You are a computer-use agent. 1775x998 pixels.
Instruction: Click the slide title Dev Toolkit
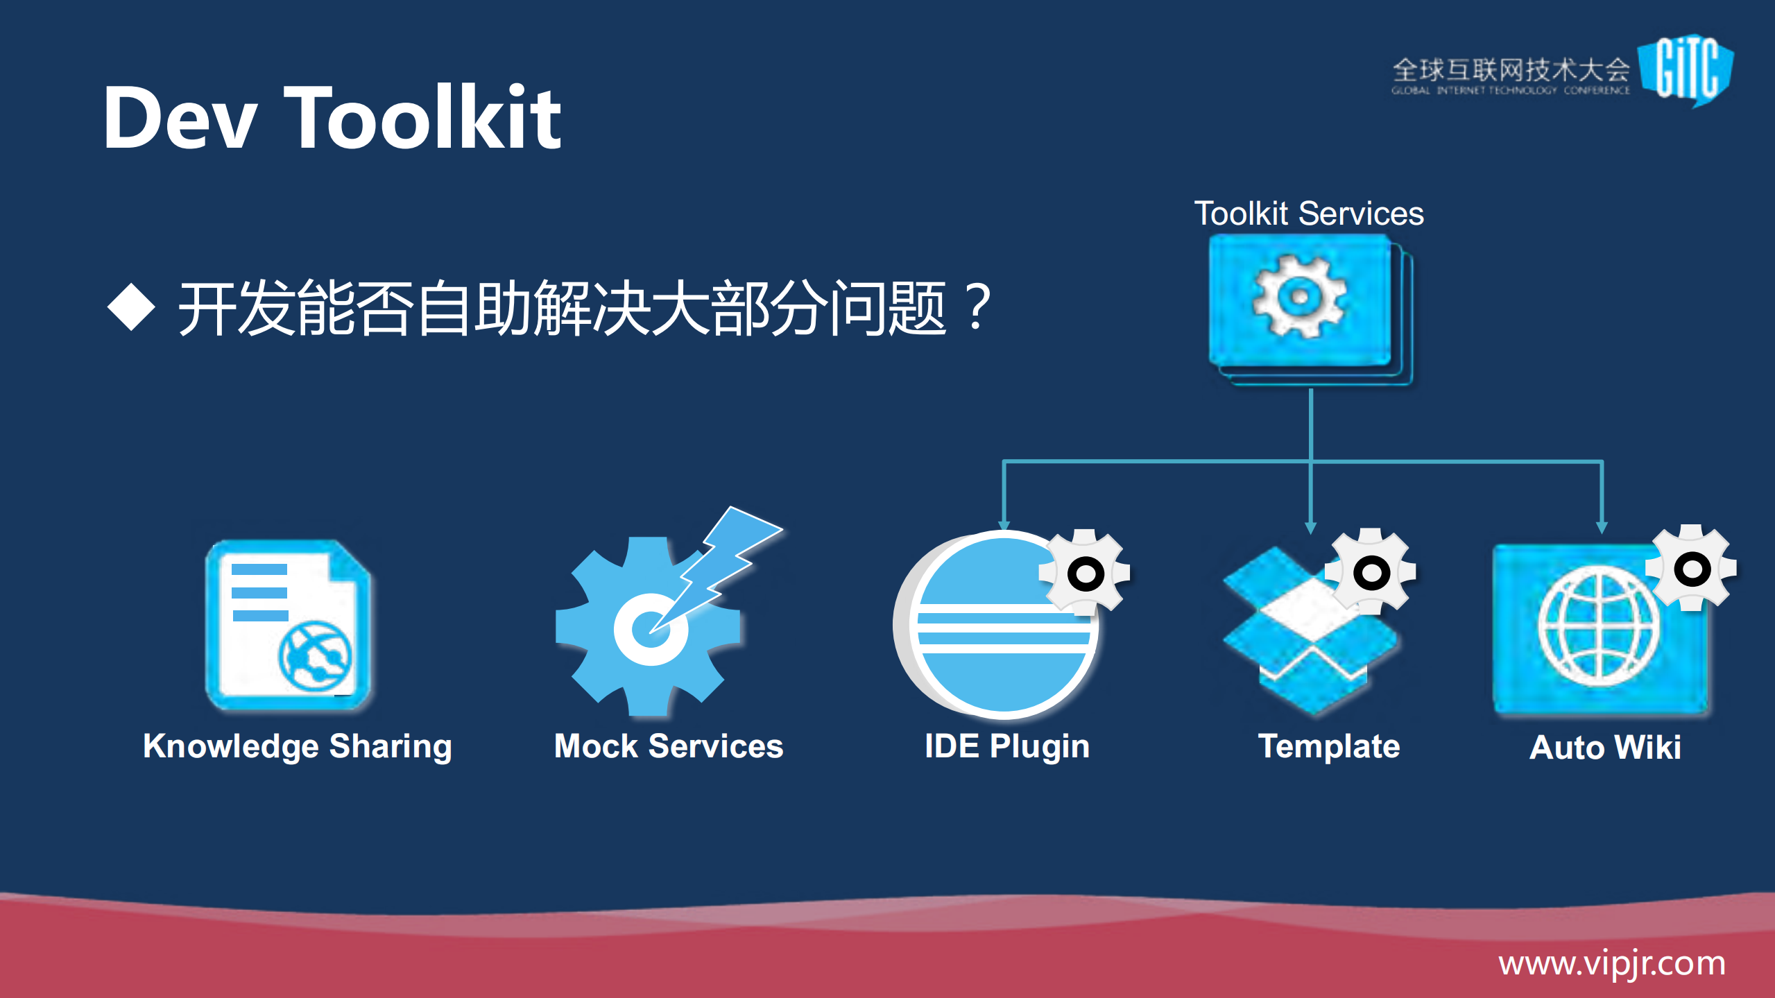click(332, 118)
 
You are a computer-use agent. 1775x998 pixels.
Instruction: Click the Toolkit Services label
click(1308, 214)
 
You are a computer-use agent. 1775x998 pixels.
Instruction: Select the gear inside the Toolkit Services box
click(1299, 297)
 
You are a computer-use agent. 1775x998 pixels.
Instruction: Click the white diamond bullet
click(131, 307)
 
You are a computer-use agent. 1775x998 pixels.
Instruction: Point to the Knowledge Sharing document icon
click(287, 624)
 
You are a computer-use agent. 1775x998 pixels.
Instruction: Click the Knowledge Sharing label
click(297, 747)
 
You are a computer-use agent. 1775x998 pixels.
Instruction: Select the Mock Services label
click(669, 747)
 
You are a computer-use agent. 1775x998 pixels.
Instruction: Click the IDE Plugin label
click(1006, 747)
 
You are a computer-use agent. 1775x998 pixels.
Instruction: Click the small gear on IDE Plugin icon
click(1085, 573)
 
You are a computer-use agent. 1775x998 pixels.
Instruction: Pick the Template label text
click(1328, 747)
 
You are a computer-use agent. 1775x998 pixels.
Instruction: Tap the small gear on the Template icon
click(1371, 572)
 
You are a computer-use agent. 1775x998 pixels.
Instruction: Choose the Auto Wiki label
click(1605, 748)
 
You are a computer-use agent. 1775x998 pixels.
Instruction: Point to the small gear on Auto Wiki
click(1692, 569)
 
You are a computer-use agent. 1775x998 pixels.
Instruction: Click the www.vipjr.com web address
click(1611, 964)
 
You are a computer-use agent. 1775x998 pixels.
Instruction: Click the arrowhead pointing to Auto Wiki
click(1602, 528)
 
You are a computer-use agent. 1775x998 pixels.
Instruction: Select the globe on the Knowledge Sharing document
click(316, 655)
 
